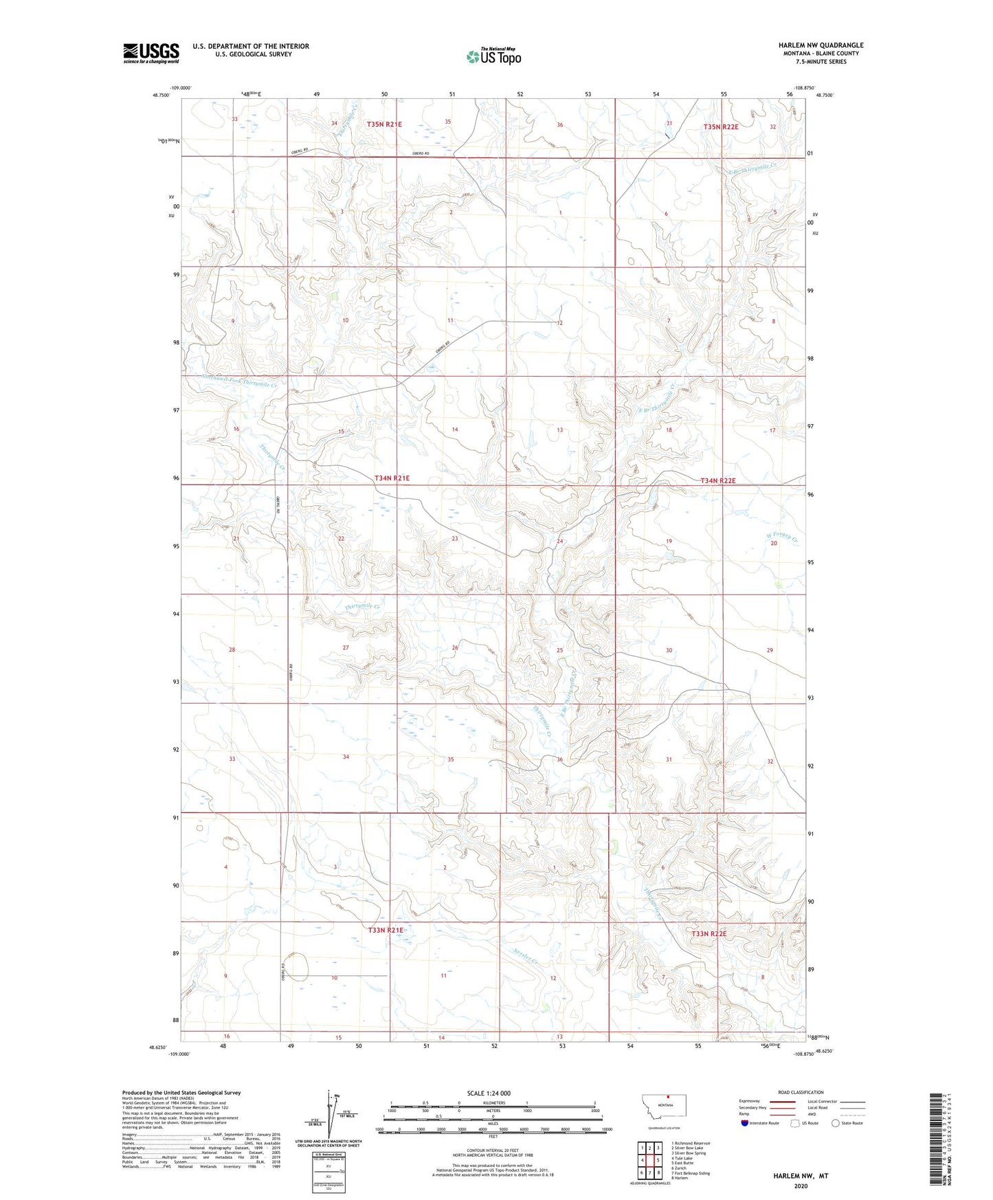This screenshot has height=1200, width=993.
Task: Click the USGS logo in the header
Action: coord(150,53)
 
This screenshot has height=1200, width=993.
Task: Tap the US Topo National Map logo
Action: coord(493,56)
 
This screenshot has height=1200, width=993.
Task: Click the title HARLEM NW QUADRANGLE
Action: coord(821,45)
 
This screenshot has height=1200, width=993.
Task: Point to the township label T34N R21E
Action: coord(392,478)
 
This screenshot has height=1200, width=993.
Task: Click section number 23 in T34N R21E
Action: coord(454,539)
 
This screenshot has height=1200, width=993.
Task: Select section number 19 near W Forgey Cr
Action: coord(668,542)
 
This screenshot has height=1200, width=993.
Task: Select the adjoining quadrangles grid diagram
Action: coord(649,1159)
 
